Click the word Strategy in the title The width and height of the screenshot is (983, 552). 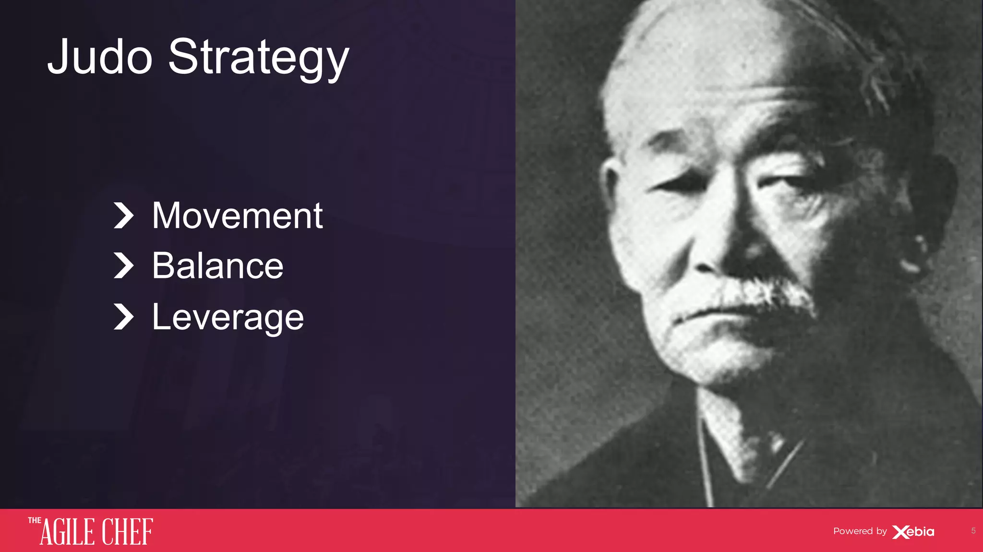click(x=258, y=59)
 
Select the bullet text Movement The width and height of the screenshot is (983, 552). click(x=237, y=216)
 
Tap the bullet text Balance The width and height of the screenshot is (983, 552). click(x=217, y=266)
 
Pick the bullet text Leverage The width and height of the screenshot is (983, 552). click(x=228, y=317)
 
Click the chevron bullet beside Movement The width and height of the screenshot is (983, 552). click(x=123, y=216)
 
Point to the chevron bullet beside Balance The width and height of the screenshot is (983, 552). click(x=123, y=266)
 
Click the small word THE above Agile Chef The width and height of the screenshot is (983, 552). click(x=34, y=520)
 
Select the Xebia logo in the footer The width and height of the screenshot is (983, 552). click(x=913, y=532)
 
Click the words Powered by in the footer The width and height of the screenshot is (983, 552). click(x=860, y=531)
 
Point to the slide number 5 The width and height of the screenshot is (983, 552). click(x=973, y=530)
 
